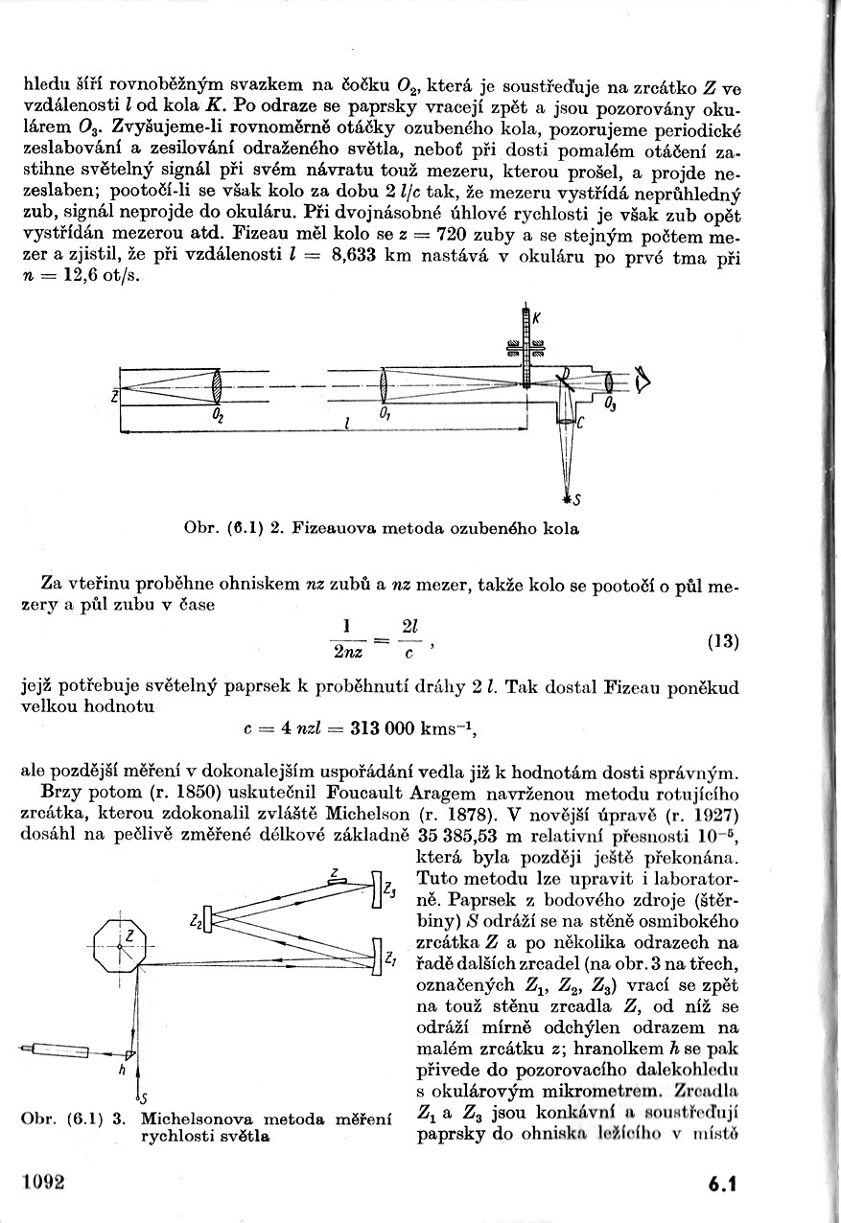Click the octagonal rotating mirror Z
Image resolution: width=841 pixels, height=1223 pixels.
tap(120, 945)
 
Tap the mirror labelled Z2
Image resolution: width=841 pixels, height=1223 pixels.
tap(209, 921)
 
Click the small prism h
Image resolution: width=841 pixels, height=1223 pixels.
tap(131, 1055)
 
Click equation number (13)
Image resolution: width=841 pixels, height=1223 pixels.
tap(723, 641)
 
